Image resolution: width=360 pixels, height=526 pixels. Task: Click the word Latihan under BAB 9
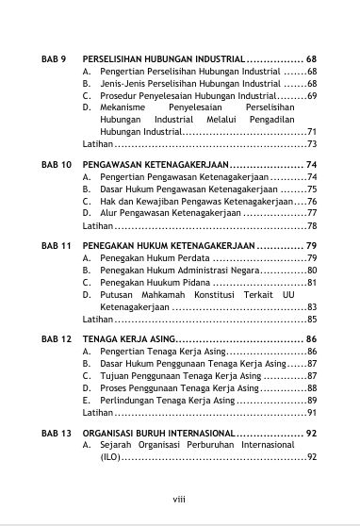pos(97,143)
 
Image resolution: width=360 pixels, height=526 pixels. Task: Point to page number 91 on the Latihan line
pos(310,413)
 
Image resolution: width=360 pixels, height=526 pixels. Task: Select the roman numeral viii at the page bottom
pos(179,500)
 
